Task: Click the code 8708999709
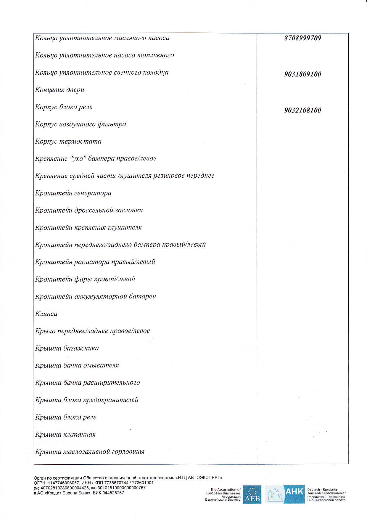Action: point(302,38)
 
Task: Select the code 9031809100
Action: point(302,74)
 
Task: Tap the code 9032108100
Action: point(302,110)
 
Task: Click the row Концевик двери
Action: point(59,90)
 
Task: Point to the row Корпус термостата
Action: point(68,142)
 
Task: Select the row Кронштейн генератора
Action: point(73,193)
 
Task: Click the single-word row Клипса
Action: point(46,314)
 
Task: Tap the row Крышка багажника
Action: point(67,348)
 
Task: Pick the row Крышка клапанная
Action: point(65,435)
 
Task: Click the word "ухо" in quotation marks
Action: point(78,158)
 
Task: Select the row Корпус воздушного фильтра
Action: point(81,124)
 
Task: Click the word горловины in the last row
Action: point(128,452)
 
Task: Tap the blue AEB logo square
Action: point(252,494)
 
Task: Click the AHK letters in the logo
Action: point(294,491)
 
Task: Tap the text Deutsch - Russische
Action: point(322,490)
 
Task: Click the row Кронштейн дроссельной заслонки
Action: point(89,211)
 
